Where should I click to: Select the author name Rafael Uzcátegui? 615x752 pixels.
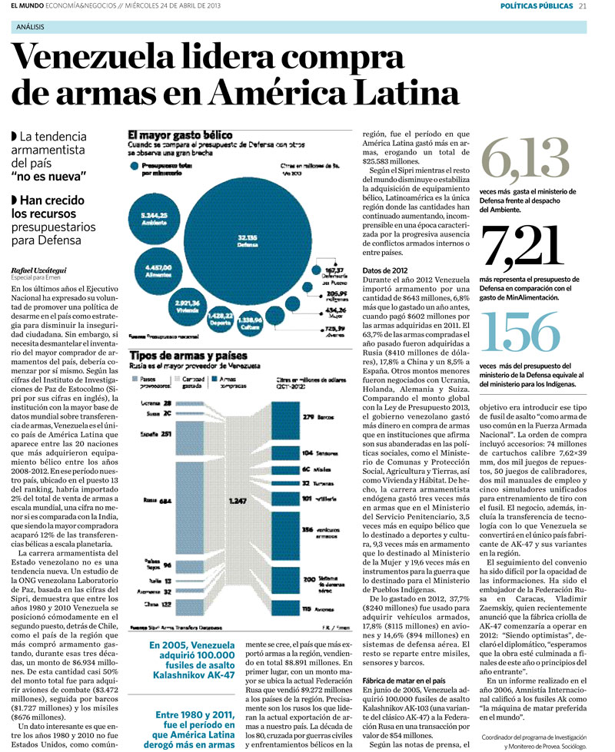38,270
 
